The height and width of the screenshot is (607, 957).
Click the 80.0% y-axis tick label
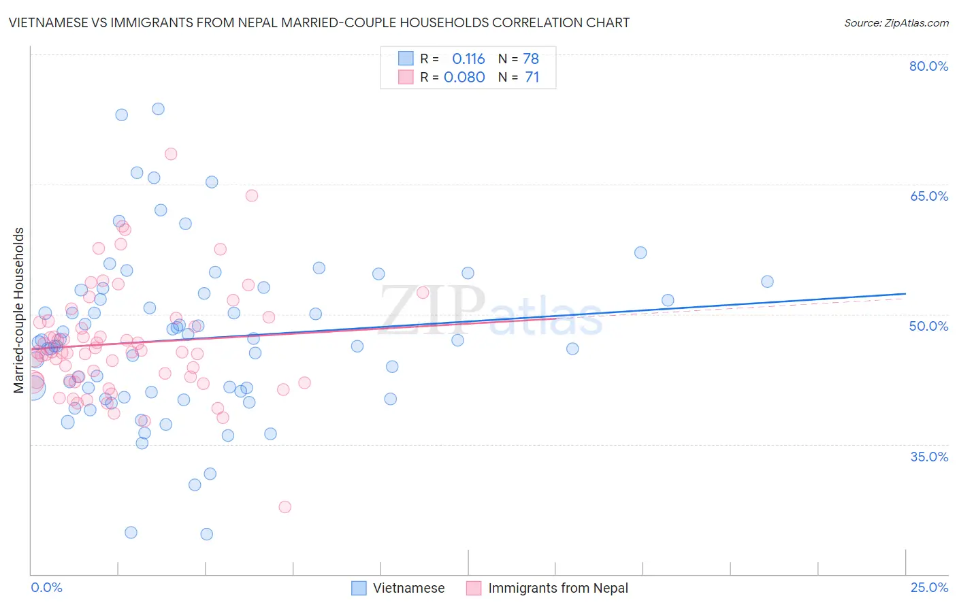pyautogui.click(x=928, y=66)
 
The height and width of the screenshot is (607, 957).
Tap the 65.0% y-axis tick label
pyautogui.click(x=928, y=196)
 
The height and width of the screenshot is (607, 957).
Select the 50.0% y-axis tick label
pyautogui.click(x=928, y=326)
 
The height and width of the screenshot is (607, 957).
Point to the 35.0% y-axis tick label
pyautogui.click(x=928, y=456)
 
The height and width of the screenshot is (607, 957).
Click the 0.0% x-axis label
pyautogui.click(x=46, y=587)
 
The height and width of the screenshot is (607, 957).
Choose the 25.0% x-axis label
pyautogui.click(x=928, y=587)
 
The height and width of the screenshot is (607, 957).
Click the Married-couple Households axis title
pyautogui.click(x=19, y=310)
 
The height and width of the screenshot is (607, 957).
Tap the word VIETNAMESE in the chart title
pyautogui.click(x=48, y=22)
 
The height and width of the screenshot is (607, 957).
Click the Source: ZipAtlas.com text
pyautogui.click(x=896, y=22)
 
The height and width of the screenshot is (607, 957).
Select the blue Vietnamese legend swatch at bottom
pyautogui.click(x=359, y=588)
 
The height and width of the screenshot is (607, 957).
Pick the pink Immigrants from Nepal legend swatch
pyautogui.click(x=474, y=588)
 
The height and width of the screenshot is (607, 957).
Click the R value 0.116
pyautogui.click(x=468, y=59)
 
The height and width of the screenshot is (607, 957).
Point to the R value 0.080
pyautogui.click(x=464, y=77)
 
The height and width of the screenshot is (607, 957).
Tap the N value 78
pyautogui.click(x=531, y=59)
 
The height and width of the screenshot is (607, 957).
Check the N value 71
pyautogui.click(x=532, y=77)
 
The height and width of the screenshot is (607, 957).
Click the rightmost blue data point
pyautogui.click(x=767, y=282)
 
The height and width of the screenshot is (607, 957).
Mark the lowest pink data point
pyautogui.click(x=285, y=507)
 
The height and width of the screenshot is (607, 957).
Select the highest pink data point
pyautogui.click(x=171, y=154)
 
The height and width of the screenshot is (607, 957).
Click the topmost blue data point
pyautogui.click(x=158, y=109)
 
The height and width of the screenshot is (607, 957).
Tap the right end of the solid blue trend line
pyautogui.click(x=905, y=293)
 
